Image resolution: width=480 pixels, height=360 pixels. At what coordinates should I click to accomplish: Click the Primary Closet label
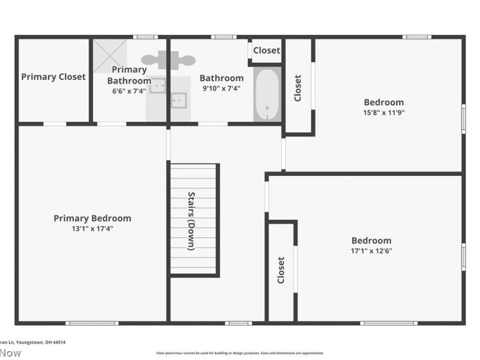click(x=53, y=77)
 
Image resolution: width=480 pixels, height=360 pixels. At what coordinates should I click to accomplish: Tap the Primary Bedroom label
click(x=92, y=218)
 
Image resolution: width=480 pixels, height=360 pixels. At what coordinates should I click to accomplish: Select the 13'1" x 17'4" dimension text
click(x=92, y=229)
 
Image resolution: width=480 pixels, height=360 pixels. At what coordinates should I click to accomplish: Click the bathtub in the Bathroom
click(x=267, y=95)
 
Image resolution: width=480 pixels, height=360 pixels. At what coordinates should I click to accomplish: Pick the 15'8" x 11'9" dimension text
click(x=384, y=112)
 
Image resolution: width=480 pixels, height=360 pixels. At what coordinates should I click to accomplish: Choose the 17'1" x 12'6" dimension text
click(x=371, y=251)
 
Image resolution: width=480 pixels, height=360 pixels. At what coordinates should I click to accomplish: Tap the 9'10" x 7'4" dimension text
click(x=221, y=88)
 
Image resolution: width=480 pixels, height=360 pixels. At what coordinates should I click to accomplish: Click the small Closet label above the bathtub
click(x=266, y=50)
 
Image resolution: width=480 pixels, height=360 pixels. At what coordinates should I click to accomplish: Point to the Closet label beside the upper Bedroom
click(x=298, y=88)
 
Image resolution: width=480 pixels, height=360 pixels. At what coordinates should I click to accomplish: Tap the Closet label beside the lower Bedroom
click(x=281, y=271)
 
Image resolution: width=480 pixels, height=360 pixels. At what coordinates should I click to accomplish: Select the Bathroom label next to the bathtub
click(x=221, y=78)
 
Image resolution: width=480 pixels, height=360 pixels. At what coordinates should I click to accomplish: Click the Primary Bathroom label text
click(x=128, y=75)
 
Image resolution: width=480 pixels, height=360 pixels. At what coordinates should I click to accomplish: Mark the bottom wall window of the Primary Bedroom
click(x=92, y=323)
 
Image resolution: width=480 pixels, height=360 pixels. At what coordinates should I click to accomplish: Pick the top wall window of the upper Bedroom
click(x=416, y=37)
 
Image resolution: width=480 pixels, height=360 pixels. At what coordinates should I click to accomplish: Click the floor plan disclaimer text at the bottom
click(x=240, y=353)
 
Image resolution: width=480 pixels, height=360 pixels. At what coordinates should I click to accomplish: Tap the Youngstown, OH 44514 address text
click(x=40, y=342)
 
